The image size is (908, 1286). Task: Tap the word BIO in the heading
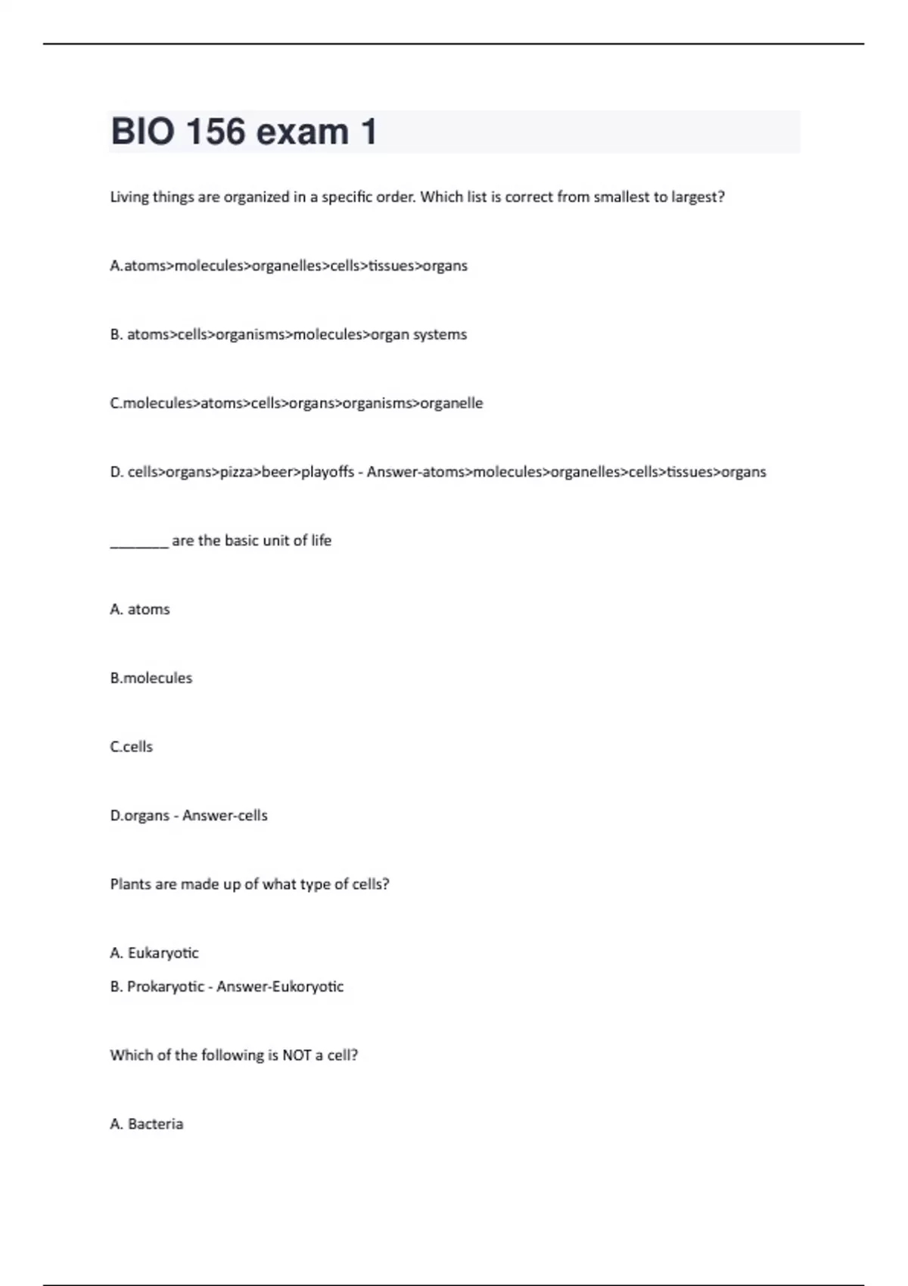point(141,132)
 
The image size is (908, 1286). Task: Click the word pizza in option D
point(236,472)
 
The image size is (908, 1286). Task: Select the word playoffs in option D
point(328,472)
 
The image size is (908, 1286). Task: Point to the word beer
point(277,472)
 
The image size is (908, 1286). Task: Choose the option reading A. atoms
point(140,610)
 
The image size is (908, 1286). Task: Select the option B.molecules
point(151,679)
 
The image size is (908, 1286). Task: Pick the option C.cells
point(132,747)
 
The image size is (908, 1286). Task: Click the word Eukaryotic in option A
point(163,953)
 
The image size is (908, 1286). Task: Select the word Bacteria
point(156,1124)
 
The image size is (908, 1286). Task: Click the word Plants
point(131,884)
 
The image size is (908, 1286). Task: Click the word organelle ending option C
point(451,403)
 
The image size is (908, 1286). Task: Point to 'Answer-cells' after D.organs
point(225,815)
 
